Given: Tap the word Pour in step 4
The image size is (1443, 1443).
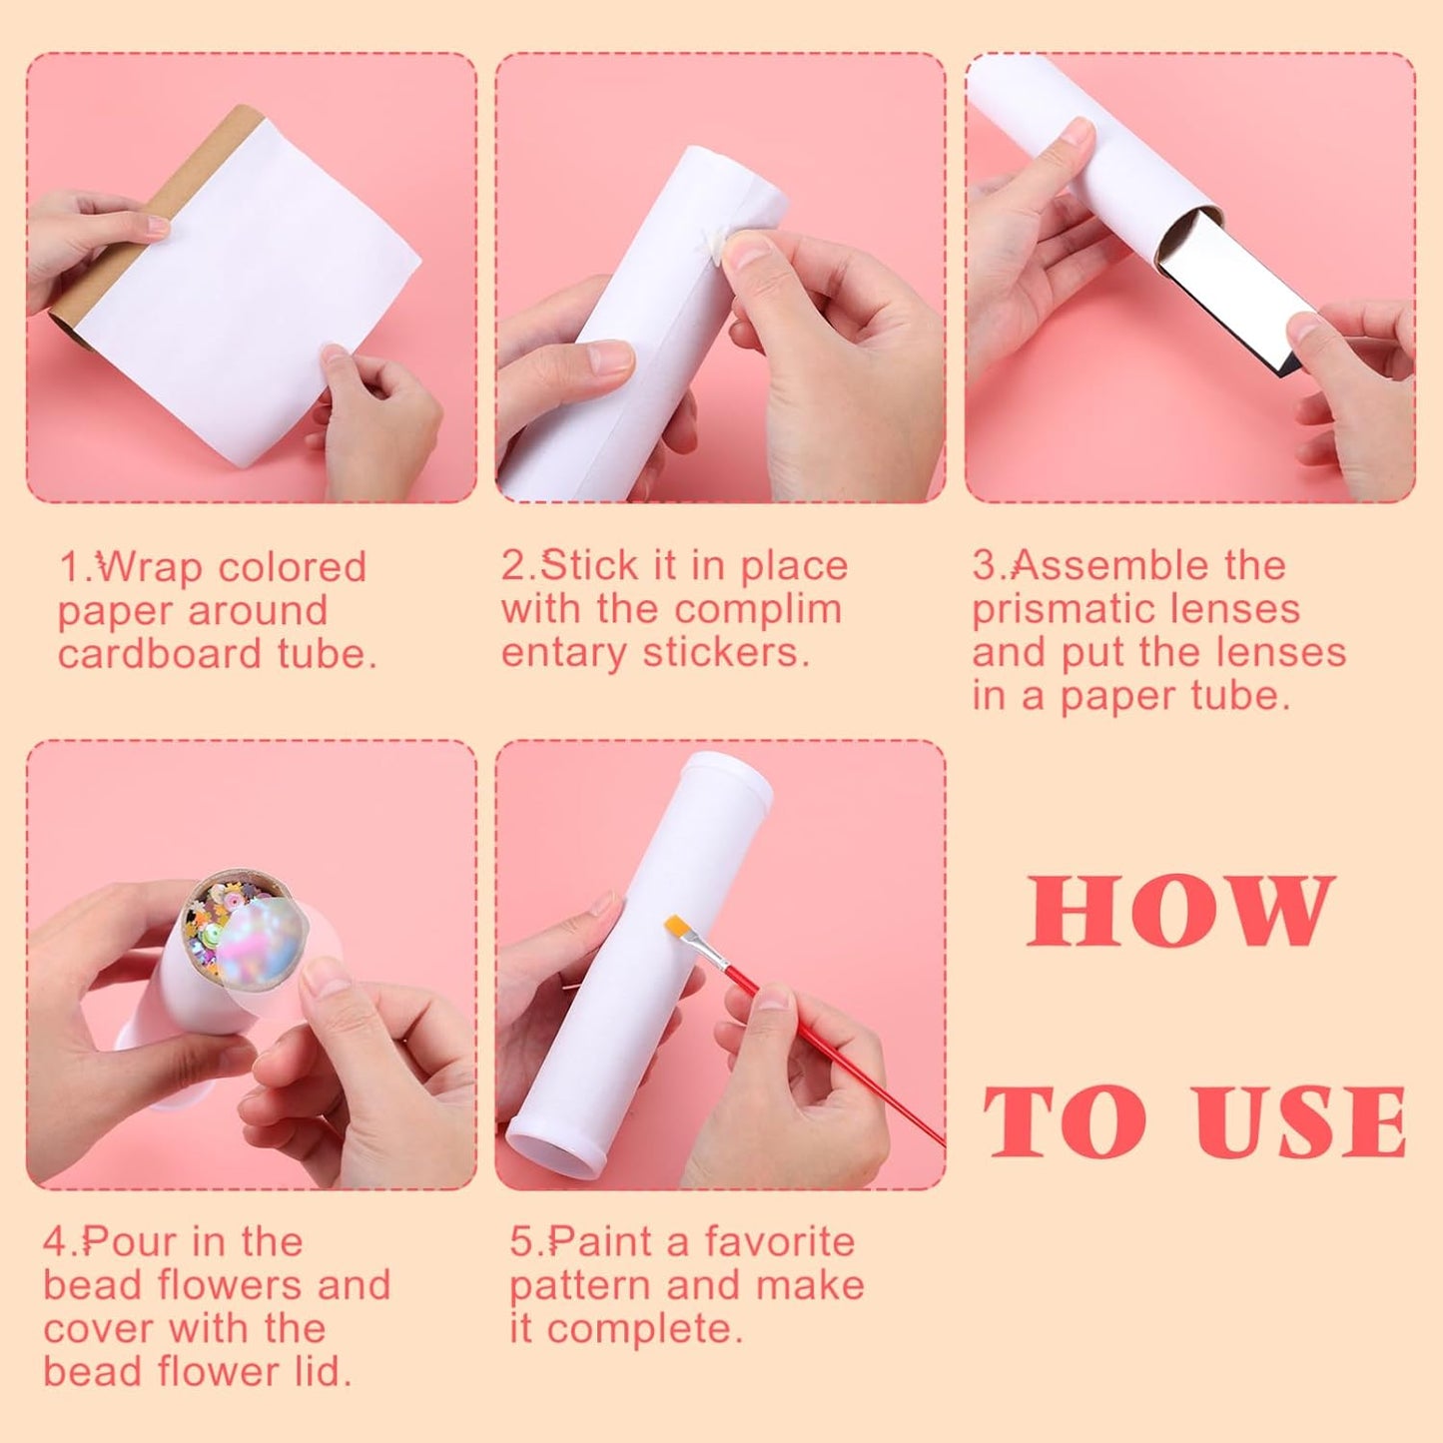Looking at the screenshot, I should coord(130,1242).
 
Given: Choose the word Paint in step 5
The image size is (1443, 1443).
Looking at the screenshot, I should coord(599,1242).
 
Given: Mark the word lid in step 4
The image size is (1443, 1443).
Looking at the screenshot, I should coord(326,1372).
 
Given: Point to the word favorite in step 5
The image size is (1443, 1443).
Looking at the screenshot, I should coord(779,1242).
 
